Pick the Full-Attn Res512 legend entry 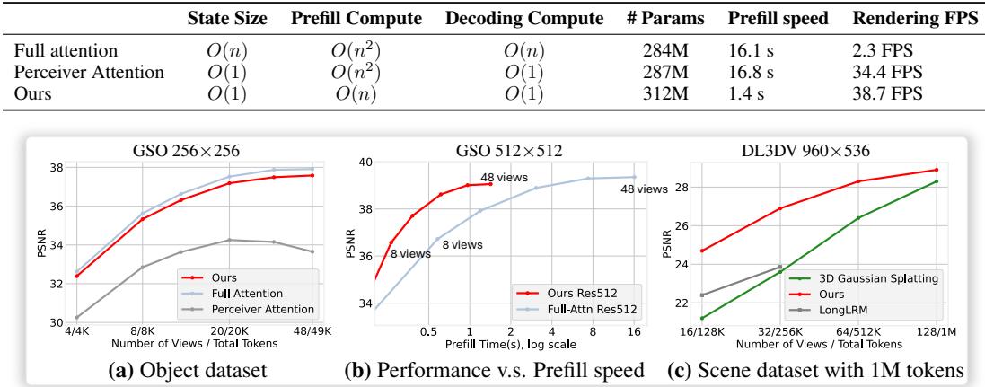click(x=577, y=309)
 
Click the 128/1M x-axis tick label click(x=937, y=331)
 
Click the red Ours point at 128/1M click(x=937, y=170)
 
